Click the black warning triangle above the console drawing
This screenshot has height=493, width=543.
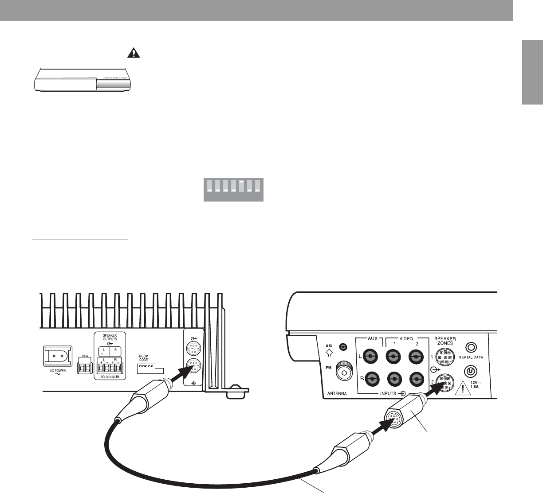(x=133, y=53)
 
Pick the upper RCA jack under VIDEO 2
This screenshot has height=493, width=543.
(x=415, y=356)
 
